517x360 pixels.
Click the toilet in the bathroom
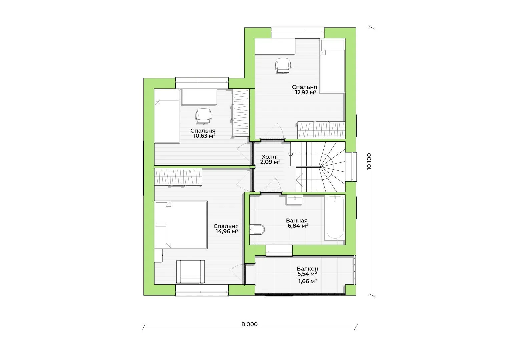tap(257, 229)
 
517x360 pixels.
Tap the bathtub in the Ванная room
tap(335, 217)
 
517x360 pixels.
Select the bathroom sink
tap(295, 199)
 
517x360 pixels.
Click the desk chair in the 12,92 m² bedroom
tap(283, 66)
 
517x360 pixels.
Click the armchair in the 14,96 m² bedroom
tap(190, 272)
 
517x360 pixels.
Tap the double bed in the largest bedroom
tap(181, 225)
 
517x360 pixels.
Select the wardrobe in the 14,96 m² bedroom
tap(178, 177)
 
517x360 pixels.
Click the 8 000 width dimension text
tap(249, 324)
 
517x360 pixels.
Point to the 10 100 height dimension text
tap(369, 161)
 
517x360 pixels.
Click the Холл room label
tap(269, 157)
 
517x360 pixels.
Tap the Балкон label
tap(307, 269)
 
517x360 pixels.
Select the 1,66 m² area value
tap(308, 281)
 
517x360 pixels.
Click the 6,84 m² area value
tap(298, 226)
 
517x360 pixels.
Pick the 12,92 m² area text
tap(306, 92)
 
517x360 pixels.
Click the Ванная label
tap(297, 220)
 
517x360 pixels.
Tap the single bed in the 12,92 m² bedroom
tap(333, 66)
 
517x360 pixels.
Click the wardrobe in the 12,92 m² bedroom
tap(321, 130)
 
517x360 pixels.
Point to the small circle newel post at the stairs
tap(290, 154)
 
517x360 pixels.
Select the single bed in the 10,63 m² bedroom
tap(167, 116)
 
